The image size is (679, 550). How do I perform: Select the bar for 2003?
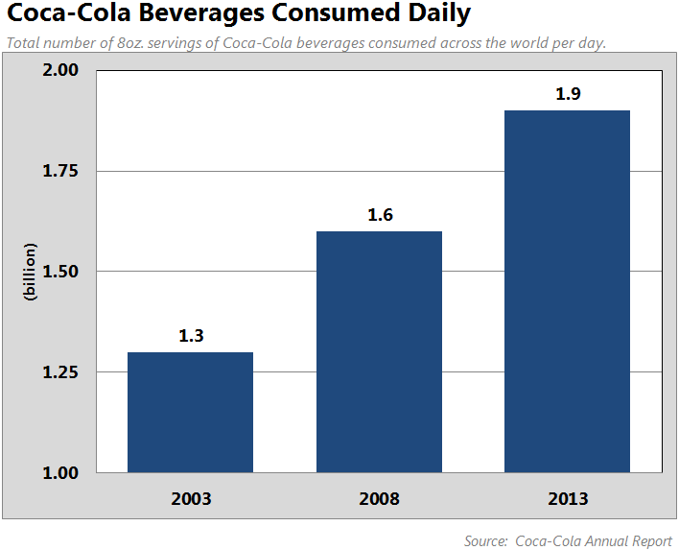pos(190,413)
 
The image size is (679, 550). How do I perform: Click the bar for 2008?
pos(379,352)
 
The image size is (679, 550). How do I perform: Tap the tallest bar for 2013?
pos(567,292)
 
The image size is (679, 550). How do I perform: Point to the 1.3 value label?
pos(191,336)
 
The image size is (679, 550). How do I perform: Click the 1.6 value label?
pos(380,215)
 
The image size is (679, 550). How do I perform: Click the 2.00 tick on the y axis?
pos(60,71)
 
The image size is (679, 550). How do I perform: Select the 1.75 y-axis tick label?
pos(60,172)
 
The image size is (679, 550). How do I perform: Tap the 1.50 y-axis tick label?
pos(60,273)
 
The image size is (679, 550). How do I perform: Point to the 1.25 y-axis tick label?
pos(60,372)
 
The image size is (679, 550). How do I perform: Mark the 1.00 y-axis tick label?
pos(60,473)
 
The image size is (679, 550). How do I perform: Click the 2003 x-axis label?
pos(191,499)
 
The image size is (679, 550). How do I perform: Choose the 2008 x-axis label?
pos(380,499)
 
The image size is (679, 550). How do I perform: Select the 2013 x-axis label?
pos(568,499)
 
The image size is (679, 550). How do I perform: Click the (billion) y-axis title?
pos(30,273)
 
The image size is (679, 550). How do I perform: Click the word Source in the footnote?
pos(485,541)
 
